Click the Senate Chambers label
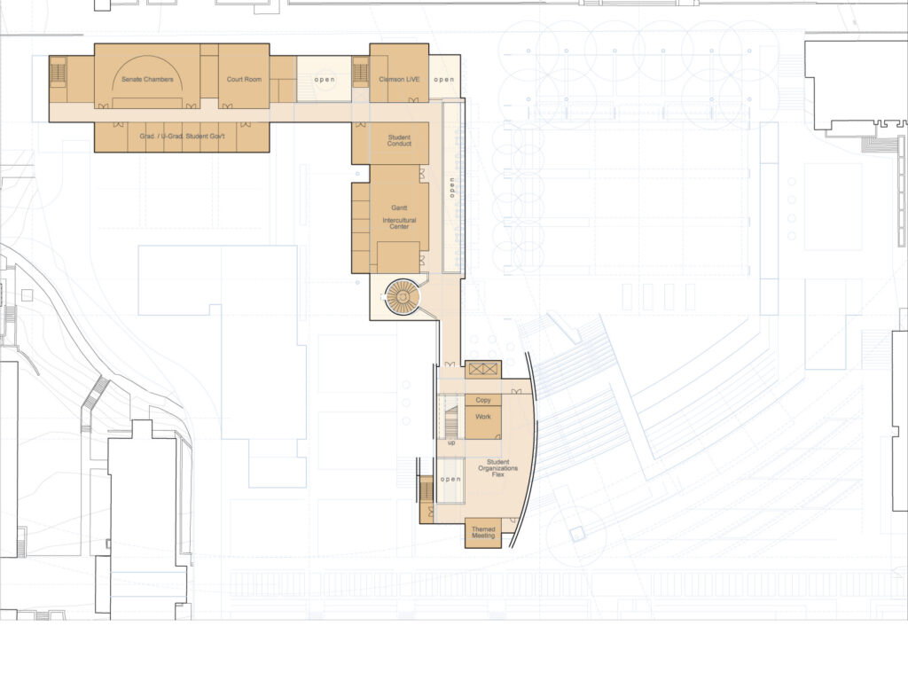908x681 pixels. tap(147, 79)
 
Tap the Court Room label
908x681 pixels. tap(244, 79)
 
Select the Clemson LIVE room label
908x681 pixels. tap(399, 79)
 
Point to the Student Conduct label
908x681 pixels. tap(399, 140)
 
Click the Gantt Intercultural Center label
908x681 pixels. tap(399, 217)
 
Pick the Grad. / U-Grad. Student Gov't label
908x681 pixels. tap(182, 137)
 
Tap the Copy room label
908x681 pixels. tap(483, 400)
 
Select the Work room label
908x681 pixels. tap(483, 417)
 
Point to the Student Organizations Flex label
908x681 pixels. tap(498, 468)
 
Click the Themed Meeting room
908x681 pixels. tap(483, 533)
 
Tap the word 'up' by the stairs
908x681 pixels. tap(451, 442)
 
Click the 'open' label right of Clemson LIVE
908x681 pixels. tap(444, 79)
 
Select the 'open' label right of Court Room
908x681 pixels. tap(325, 79)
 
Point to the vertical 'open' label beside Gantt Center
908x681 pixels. tap(452, 188)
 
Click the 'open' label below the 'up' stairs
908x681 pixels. tap(450, 479)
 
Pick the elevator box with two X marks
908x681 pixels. tap(483, 369)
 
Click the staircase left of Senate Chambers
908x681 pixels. tap(58, 74)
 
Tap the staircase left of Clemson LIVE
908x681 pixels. tap(360, 73)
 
